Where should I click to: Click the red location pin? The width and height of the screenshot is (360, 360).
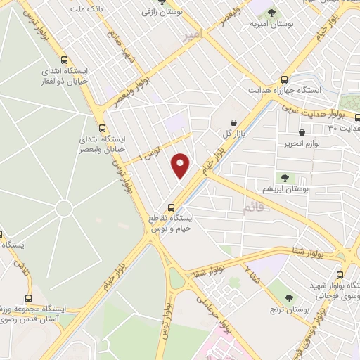coord(181,165)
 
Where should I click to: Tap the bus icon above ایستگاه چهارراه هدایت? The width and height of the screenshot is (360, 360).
coord(285,80)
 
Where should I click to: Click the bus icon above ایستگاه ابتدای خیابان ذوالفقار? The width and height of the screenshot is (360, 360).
coord(65,60)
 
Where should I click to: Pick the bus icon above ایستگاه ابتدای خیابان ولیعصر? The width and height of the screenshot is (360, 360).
coord(103,128)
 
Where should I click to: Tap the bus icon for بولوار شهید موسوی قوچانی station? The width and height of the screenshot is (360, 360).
coord(340,275)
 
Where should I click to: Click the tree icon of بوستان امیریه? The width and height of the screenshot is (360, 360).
coord(272,12)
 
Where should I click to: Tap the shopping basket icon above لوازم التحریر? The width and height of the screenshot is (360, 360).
coord(302,131)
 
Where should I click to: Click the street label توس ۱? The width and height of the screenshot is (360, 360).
coord(150,151)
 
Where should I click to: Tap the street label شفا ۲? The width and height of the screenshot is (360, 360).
coord(249,273)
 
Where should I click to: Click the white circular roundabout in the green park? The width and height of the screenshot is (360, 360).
coord(64,209)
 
